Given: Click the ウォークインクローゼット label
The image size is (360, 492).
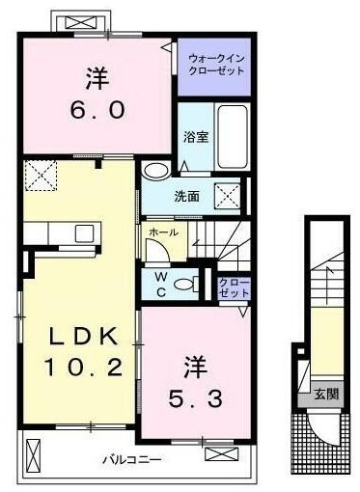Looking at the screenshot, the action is tap(216, 65).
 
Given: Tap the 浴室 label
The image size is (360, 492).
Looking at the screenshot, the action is tap(196, 137).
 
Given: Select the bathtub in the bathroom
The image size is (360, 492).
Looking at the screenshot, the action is tap(233, 137).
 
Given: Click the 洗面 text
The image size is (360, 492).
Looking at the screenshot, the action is tap(187, 196).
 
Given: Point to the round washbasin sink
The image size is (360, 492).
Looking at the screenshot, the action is tap(156, 170).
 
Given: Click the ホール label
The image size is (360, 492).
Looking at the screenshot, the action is tap(164, 232).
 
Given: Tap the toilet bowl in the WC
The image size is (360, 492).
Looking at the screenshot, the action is tap(183, 284).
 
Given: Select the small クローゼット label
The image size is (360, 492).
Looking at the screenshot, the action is tap(234, 287).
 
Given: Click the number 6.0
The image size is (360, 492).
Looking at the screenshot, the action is tap(97, 111).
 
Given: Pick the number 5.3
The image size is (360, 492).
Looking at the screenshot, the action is tap(195, 399).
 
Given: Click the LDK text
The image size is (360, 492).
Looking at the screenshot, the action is tap(84, 337).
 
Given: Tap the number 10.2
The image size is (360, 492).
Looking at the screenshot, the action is tap(83, 368).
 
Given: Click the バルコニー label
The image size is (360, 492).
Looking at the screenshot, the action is tap(132, 459).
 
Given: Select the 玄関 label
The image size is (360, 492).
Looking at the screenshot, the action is tap(327, 394).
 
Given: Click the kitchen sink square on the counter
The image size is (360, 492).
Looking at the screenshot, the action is tap(84, 233).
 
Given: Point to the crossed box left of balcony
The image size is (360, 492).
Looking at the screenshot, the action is tap(33, 455).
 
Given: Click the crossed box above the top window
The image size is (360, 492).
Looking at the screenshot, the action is tap(81, 22).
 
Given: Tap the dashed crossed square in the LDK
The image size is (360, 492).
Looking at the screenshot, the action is tap(41, 176).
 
